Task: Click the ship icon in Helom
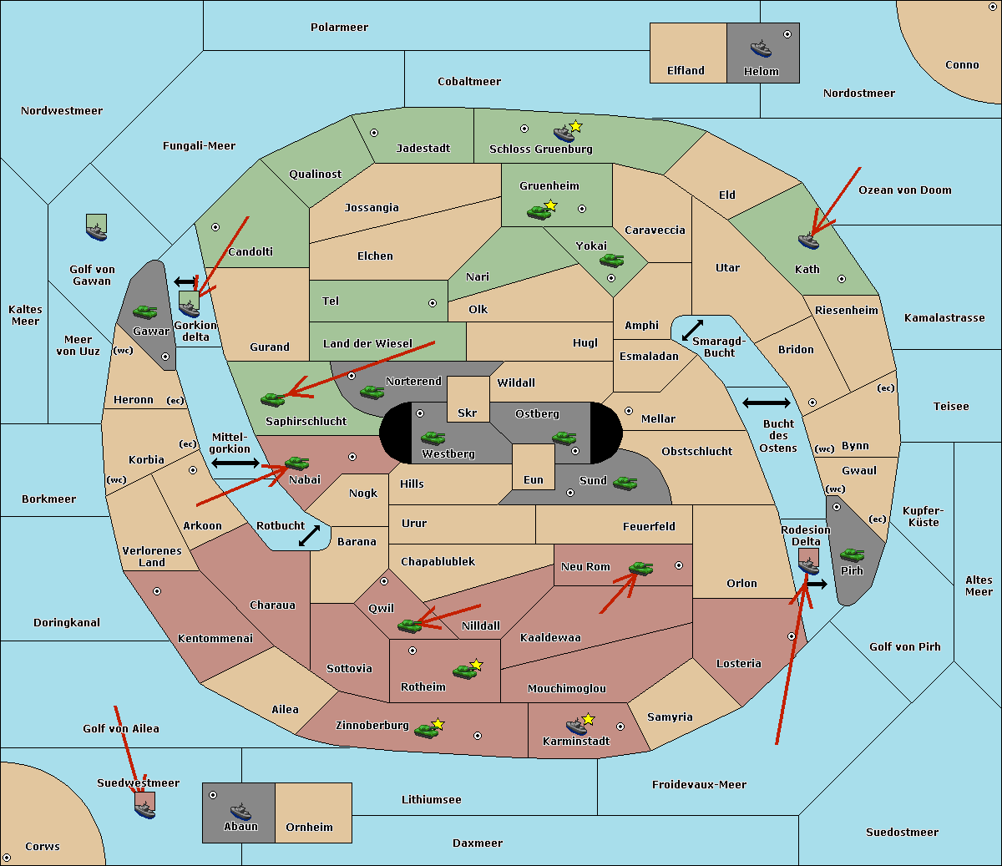(x=761, y=48)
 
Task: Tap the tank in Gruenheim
(x=539, y=212)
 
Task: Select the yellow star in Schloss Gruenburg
(x=575, y=127)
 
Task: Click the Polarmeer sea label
(x=339, y=28)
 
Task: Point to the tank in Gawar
(x=145, y=311)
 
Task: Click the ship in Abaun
(x=240, y=811)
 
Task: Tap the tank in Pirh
(x=852, y=555)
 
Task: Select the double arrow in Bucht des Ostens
(x=767, y=403)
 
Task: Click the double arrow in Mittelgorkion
(x=235, y=463)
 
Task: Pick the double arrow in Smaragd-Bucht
(x=692, y=330)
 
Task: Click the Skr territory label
(x=468, y=413)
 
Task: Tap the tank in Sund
(x=625, y=483)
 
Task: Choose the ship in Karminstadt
(x=576, y=726)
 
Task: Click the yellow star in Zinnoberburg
(x=438, y=724)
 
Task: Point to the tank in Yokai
(x=611, y=261)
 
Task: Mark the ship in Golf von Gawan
(x=97, y=227)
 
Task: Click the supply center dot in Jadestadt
(x=374, y=133)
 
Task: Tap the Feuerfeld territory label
(x=649, y=526)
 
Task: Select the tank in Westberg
(x=433, y=438)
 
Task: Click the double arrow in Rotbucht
(x=309, y=535)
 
